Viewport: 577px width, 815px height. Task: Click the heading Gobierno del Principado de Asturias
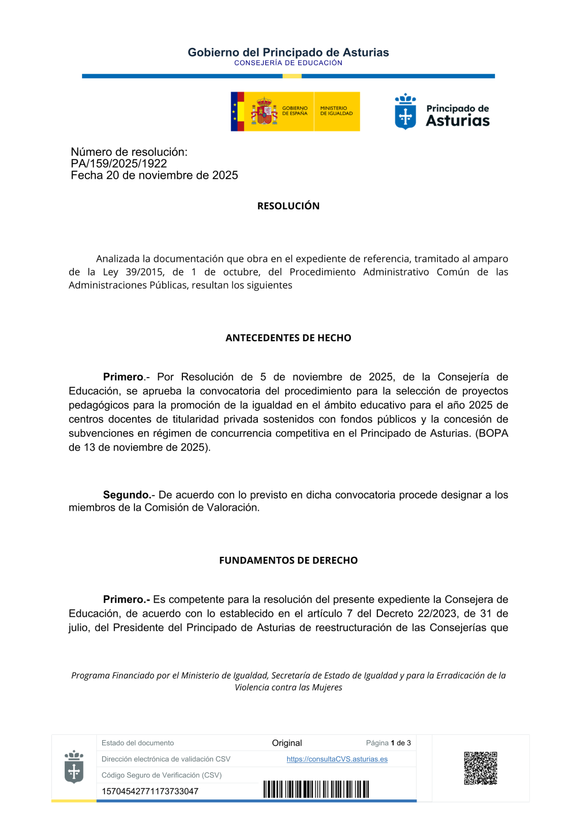coord(288,52)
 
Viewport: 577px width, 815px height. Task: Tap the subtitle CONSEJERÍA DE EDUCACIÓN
coord(288,63)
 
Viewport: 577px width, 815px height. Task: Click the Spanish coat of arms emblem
coord(264,111)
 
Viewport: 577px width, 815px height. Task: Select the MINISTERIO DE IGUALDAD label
coord(336,111)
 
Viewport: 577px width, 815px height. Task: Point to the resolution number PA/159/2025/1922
coord(119,164)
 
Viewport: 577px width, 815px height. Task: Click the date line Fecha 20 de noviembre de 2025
coord(154,175)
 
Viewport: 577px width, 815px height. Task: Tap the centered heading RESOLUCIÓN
coord(288,206)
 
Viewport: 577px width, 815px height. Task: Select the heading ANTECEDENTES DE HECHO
coord(288,338)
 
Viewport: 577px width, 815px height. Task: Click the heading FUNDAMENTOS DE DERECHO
coord(288,560)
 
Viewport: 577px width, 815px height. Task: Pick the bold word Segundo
coord(126,495)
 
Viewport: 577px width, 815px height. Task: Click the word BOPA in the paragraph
coord(494,433)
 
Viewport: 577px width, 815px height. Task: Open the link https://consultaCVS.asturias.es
coord(337,759)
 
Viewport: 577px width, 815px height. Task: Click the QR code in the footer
coord(480,768)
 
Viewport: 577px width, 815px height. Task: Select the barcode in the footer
coord(316,789)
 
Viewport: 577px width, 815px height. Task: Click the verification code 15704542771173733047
coord(150,791)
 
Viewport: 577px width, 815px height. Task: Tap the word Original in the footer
coord(287,743)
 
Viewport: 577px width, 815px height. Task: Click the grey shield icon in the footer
coord(74,767)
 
